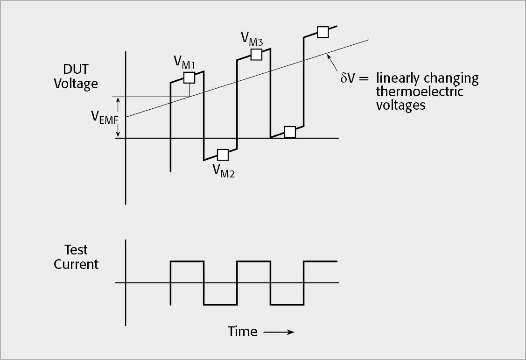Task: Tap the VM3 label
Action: pos(252,39)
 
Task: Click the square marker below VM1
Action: pos(189,78)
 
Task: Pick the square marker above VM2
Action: pos(223,154)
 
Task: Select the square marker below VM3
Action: pos(256,54)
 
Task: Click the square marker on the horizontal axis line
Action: pos(290,132)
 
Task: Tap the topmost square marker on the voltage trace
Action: pos(323,32)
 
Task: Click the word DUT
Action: pos(76,70)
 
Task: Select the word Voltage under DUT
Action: pos(76,84)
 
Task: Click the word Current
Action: pos(76,264)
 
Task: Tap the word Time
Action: pos(242,332)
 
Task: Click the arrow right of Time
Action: pos(279,332)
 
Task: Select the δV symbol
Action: pos(348,78)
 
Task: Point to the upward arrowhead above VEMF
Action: pos(118,99)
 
